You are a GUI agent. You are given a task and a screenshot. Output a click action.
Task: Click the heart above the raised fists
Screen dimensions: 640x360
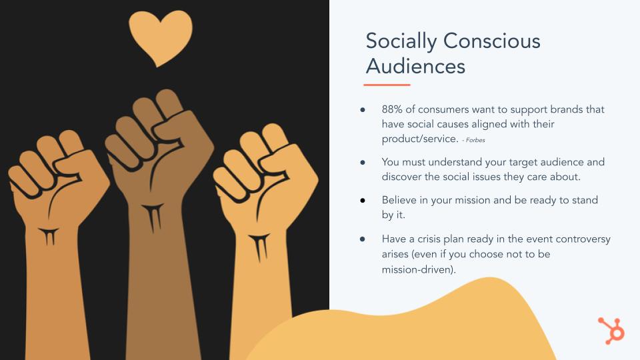tap(161, 37)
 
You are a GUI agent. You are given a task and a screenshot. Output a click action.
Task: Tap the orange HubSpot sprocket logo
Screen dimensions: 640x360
tap(611, 330)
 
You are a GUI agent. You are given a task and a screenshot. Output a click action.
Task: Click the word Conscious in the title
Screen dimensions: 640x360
tap(492, 41)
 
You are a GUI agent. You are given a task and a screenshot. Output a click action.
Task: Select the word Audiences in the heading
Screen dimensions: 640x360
tap(415, 66)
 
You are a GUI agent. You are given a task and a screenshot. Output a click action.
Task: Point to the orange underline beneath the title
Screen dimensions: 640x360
tap(387, 85)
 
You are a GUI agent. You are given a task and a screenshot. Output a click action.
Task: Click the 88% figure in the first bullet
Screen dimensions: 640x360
tap(392, 109)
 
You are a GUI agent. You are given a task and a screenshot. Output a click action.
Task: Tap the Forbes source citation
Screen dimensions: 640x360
tap(473, 140)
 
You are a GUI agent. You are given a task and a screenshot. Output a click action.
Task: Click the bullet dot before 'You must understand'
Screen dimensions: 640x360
tap(363, 162)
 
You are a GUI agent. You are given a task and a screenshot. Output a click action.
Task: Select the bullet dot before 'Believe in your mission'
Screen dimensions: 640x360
tap(363, 200)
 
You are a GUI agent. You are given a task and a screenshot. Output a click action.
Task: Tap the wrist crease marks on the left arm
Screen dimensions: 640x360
tap(49, 236)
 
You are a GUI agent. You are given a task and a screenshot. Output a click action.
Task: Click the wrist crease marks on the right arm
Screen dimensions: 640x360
tap(259, 247)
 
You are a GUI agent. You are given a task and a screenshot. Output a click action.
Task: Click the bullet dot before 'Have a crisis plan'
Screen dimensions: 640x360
tap(363, 239)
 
